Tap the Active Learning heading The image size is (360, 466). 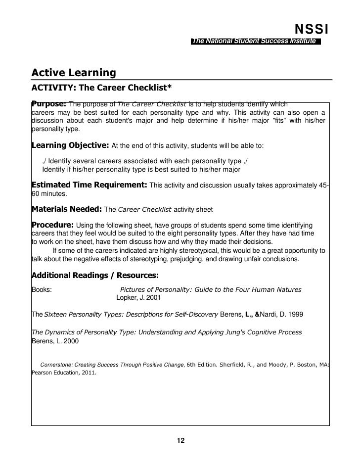(74, 73)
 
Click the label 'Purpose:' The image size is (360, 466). (48, 104)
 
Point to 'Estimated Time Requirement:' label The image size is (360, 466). (89, 185)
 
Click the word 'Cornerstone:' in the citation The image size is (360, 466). (56, 365)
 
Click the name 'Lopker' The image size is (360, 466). (127, 298)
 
